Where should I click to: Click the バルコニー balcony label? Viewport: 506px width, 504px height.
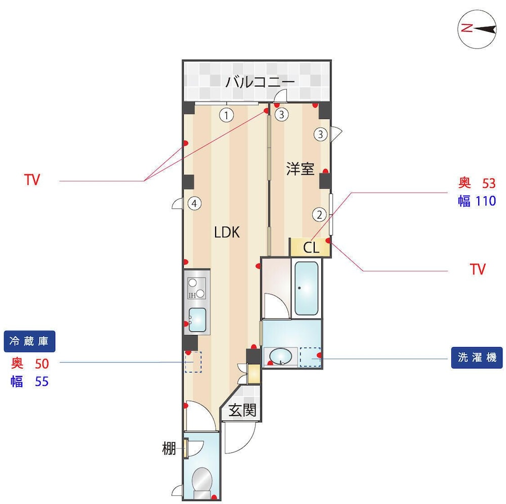click(x=260, y=81)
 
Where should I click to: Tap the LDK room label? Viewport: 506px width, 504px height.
click(x=227, y=232)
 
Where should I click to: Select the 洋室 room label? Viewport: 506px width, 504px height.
click(x=300, y=169)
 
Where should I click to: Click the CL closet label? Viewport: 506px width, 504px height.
click(x=311, y=247)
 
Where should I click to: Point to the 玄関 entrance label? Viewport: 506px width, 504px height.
click(x=242, y=410)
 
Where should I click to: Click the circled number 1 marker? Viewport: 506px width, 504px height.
click(x=227, y=115)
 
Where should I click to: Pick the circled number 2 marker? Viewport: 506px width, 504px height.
click(x=319, y=214)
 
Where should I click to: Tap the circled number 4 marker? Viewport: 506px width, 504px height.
click(x=194, y=203)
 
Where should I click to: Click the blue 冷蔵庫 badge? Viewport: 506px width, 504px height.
click(x=29, y=341)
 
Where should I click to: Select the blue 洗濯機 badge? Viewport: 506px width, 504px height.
click(x=477, y=358)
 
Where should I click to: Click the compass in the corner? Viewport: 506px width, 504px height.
click(x=477, y=29)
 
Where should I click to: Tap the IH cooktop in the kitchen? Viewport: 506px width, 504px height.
click(x=196, y=288)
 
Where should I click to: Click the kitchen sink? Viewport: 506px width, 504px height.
click(x=197, y=319)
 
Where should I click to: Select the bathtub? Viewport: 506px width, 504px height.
click(x=306, y=288)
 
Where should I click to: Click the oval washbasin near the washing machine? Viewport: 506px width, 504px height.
click(x=280, y=357)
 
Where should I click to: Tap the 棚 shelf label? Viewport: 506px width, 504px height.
click(x=169, y=448)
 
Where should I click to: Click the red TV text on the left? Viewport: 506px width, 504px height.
click(x=32, y=180)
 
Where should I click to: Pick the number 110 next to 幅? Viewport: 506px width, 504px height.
click(x=486, y=201)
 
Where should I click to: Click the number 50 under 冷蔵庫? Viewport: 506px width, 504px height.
click(x=41, y=364)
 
